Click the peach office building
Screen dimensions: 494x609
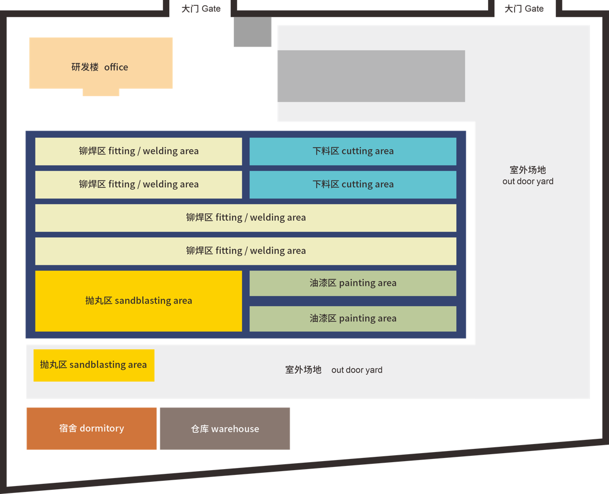(101, 63)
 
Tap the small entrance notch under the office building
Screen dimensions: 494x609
(101, 93)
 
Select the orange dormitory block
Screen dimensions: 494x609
(92, 429)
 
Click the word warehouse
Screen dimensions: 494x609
(235, 429)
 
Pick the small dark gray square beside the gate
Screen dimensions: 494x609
(253, 32)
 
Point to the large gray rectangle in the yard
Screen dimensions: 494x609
(371, 76)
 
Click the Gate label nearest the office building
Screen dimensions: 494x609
(201, 9)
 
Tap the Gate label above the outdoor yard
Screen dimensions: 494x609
(524, 9)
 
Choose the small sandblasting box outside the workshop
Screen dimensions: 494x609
(94, 365)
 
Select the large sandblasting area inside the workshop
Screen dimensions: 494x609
(138, 301)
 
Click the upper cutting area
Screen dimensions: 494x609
(353, 151)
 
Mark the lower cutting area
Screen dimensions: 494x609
(353, 185)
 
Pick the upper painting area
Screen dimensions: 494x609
(353, 283)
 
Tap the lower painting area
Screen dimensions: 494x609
(353, 319)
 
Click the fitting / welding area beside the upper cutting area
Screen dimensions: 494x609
(138, 151)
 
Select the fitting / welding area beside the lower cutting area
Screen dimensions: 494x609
(138, 185)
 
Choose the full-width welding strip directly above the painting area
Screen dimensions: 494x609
(246, 251)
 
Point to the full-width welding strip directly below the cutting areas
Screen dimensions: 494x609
(246, 218)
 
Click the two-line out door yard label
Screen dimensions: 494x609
(528, 176)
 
